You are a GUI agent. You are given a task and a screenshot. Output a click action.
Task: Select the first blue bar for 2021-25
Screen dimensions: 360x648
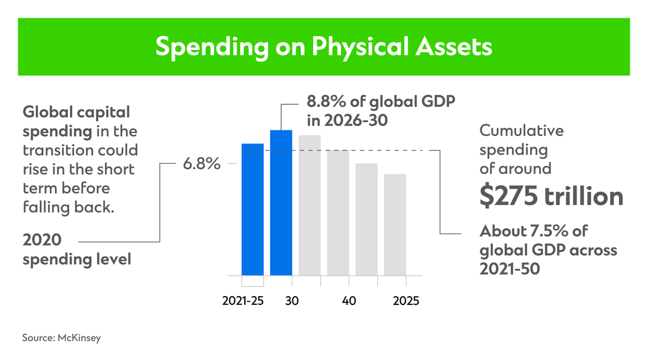click(252, 209)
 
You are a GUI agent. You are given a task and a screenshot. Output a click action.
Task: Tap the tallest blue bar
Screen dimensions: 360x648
click(281, 202)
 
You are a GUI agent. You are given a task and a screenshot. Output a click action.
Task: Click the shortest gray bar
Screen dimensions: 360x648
click(395, 225)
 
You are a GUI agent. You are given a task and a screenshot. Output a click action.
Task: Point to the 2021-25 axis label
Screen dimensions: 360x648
click(243, 301)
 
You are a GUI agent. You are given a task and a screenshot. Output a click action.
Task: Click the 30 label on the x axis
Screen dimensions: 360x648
click(292, 301)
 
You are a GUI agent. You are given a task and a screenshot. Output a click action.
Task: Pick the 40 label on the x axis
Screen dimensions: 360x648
click(349, 301)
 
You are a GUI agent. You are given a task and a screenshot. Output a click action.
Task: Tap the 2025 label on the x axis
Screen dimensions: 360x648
click(405, 301)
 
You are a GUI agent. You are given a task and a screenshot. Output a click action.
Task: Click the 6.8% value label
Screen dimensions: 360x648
click(202, 164)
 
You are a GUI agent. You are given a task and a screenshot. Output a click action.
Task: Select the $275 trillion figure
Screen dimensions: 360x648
click(551, 197)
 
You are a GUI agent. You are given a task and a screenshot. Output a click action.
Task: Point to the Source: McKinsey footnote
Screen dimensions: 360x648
click(61, 338)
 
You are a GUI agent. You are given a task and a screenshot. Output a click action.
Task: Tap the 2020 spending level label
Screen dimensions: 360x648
click(77, 250)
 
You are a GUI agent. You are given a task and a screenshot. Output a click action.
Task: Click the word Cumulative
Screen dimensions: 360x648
click(521, 131)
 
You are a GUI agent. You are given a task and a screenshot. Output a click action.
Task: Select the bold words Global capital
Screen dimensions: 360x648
click(76, 113)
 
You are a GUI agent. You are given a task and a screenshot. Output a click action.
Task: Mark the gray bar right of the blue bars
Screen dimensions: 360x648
click(309, 205)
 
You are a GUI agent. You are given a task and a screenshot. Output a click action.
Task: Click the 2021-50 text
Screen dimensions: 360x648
click(510, 269)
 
